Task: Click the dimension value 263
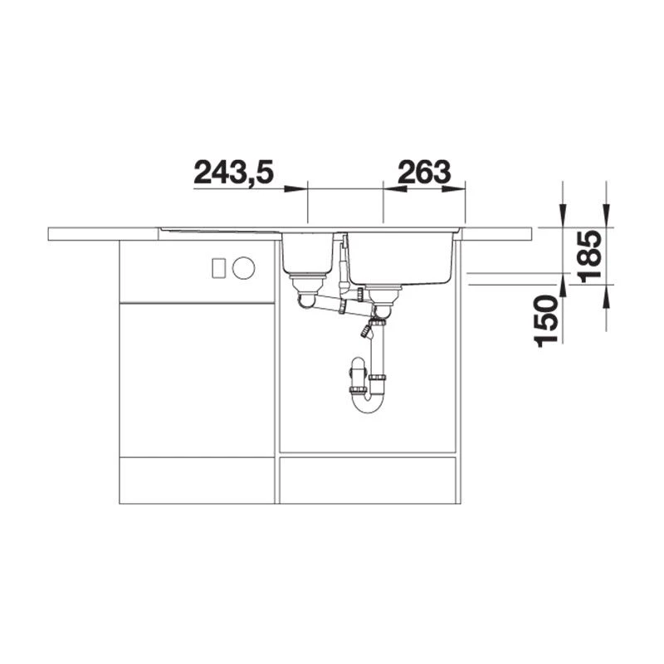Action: point(423,172)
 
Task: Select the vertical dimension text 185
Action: point(591,255)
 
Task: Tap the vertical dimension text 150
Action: point(546,320)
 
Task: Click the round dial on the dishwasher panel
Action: point(243,267)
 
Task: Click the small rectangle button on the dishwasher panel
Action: point(219,267)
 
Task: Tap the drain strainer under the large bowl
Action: point(383,292)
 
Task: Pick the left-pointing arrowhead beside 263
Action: point(394,188)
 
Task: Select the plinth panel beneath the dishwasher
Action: point(197,480)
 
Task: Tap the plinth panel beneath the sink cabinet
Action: point(368,480)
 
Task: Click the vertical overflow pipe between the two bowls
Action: point(341,266)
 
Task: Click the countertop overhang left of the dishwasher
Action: point(83,233)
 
